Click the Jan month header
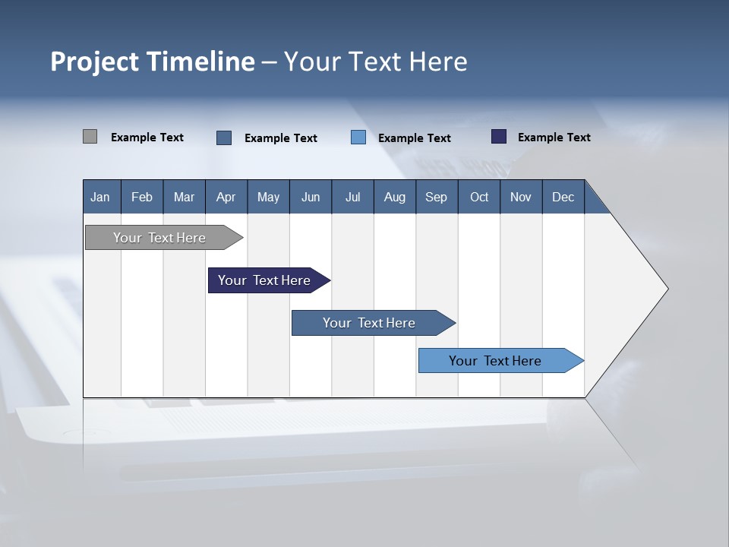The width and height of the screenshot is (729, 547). (x=100, y=197)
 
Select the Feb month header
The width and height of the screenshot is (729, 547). (x=142, y=197)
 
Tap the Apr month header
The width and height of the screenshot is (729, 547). (x=226, y=197)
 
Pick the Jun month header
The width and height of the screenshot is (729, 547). (x=311, y=197)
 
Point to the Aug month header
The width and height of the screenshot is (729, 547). (x=394, y=197)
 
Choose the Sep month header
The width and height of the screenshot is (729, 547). (x=436, y=197)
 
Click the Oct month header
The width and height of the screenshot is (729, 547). (x=479, y=197)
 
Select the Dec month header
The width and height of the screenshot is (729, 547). (x=563, y=197)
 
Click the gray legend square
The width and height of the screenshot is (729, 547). (x=90, y=137)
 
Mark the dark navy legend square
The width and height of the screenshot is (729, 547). (x=498, y=137)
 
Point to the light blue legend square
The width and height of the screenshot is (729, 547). (x=358, y=137)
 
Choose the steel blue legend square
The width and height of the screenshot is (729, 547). (x=224, y=138)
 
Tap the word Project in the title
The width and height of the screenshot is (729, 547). (x=95, y=62)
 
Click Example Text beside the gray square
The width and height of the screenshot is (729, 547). (x=147, y=138)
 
